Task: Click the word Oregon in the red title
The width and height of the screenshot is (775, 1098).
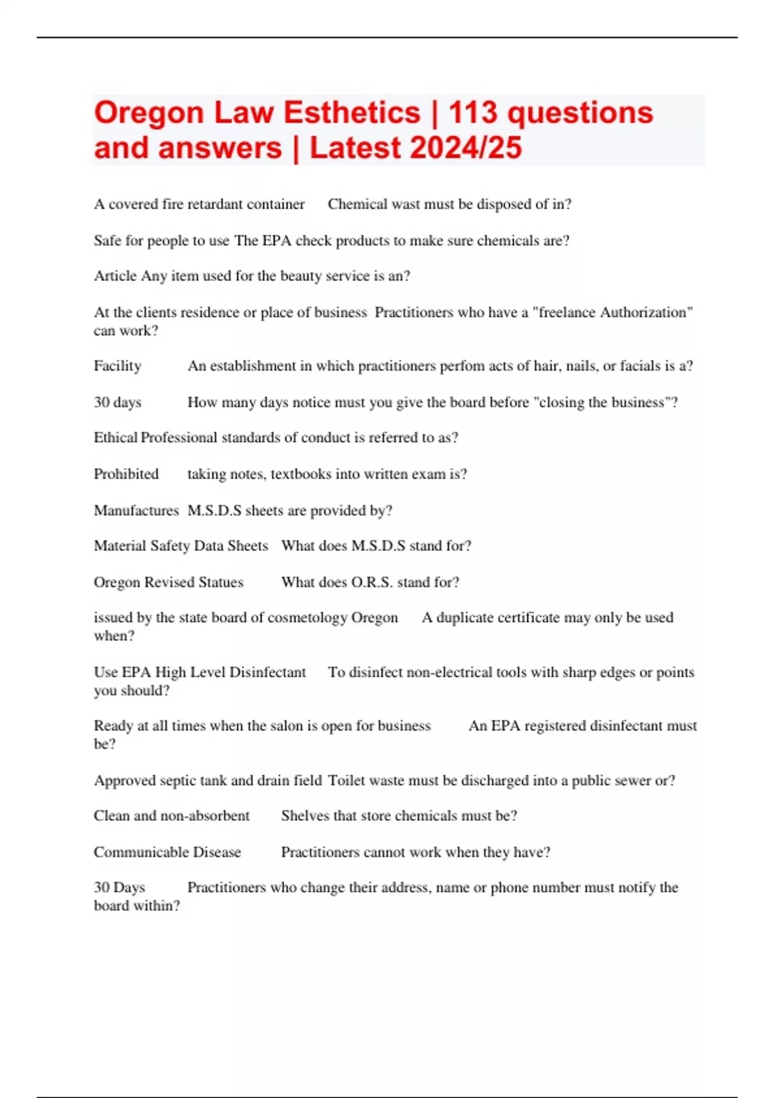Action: (x=149, y=113)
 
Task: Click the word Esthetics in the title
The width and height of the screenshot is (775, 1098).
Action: (x=352, y=113)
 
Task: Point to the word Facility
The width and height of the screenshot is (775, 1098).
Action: (x=118, y=366)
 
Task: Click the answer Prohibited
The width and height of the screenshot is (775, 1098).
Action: (x=126, y=474)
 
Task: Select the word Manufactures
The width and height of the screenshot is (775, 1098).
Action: (x=136, y=510)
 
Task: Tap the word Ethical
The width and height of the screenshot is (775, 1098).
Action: (x=116, y=438)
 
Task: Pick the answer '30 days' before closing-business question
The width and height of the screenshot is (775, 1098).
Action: (x=118, y=402)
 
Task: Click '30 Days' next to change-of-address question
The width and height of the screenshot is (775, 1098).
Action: (x=119, y=887)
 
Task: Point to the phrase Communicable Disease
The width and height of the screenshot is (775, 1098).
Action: (x=167, y=852)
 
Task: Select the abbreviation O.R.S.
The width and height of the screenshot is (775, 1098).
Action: (x=372, y=583)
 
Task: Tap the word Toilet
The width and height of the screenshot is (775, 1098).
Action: (x=347, y=780)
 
